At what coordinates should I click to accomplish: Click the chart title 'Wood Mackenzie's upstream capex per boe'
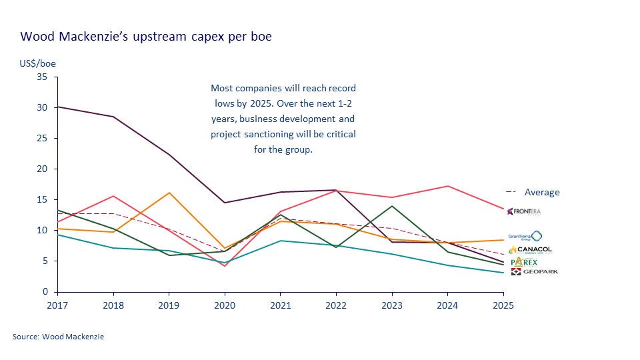pos(146,37)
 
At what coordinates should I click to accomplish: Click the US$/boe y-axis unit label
pos(37,63)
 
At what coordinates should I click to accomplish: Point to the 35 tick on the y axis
pos(43,77)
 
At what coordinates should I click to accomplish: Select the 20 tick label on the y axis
pos(43,169)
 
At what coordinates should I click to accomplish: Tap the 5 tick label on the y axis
pos(45,261)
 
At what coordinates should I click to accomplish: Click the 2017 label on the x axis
pos(57,304)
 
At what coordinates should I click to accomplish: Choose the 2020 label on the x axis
pos(224,304)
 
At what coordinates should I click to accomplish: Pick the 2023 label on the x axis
pos(391,304)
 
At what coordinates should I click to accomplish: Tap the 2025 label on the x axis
pos(503,304)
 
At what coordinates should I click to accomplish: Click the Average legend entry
pos(541,193)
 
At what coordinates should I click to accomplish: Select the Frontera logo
pos(524,211)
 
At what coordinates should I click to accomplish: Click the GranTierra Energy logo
pos(525,236)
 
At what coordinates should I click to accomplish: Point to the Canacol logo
pos(530,250)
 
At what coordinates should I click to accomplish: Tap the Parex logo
pos(524,262)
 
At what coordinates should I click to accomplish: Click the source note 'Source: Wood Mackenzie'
pos(58,337)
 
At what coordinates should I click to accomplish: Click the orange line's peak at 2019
pos(169,193)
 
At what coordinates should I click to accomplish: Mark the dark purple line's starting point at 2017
pos(58,107)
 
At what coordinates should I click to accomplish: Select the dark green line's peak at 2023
pos(391,206)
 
